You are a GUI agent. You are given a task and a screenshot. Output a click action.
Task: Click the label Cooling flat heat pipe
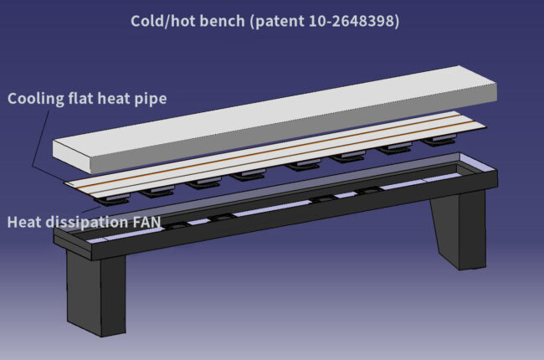87,99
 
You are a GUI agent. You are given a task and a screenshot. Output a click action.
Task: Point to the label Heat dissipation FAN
84,222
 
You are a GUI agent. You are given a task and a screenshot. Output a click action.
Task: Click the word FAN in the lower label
147,222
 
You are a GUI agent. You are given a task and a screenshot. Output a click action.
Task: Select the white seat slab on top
275,120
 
